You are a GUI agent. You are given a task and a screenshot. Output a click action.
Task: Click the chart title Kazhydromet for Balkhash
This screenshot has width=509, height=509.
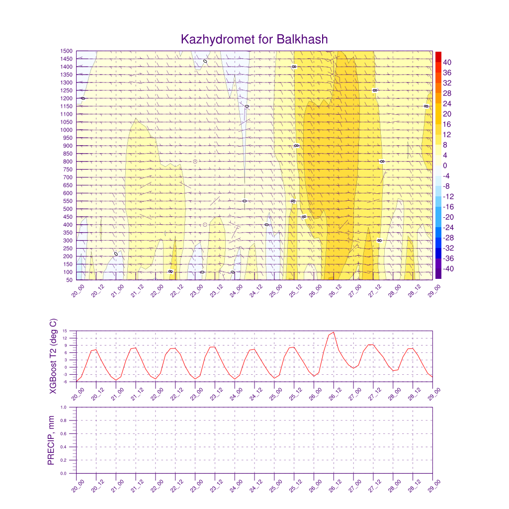[x=254, y=39]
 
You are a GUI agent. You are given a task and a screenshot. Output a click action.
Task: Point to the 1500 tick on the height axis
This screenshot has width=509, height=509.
[x=67, y=51]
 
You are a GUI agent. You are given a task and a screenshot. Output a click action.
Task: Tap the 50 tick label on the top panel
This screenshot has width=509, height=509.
[x=70, y=280]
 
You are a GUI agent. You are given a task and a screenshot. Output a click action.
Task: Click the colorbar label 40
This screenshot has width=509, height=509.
[x=447, y=62]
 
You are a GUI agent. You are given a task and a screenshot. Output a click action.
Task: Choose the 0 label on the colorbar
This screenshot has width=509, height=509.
[x=445, y=166]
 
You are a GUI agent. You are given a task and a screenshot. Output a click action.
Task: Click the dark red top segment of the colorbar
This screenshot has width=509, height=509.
[x=438, y=56]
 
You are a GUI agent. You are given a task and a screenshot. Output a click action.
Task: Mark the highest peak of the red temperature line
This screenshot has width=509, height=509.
[x=334, y=333]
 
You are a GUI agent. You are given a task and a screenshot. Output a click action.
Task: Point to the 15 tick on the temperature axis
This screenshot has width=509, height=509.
[x=72, y=331]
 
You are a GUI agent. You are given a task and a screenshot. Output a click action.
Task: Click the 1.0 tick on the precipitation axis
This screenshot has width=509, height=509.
[x=71, y=407]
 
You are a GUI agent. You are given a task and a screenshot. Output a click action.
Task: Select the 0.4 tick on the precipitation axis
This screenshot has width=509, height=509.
[x=71, y=447]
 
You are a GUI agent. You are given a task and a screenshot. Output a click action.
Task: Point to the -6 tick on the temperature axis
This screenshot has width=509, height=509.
[x=72, y=381]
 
